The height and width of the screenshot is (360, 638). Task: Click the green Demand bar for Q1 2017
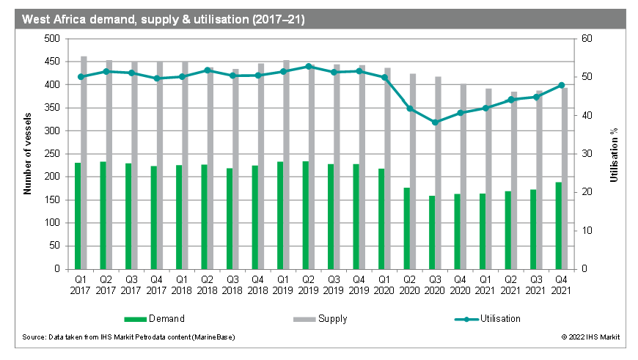pyautogui.click(x=78, y=216)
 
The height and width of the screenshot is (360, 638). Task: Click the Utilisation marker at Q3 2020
pyautogui.click(x=436, y=122)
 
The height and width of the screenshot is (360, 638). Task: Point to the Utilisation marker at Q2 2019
pyautogui.click(x=309, y=66)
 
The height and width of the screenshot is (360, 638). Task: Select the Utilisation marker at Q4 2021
pyautogui.click(x=562, y=85)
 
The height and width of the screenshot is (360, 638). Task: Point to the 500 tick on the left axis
pyautogui.click(x=52, y=39)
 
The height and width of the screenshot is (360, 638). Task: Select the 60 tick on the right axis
pyautogui.click(x=587, y=39)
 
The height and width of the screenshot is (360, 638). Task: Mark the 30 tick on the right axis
pyautogui.click(x=587, y=154)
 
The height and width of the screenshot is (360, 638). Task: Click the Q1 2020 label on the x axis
pyautogui.click(x=384, y=284)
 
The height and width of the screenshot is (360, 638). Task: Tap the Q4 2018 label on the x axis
pyautogui.click(x=257, y=284)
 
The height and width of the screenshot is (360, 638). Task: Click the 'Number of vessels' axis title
pyautogui.click(x=27, y=154)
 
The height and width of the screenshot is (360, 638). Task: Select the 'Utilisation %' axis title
pyautogui.click(x=615, y=154)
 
